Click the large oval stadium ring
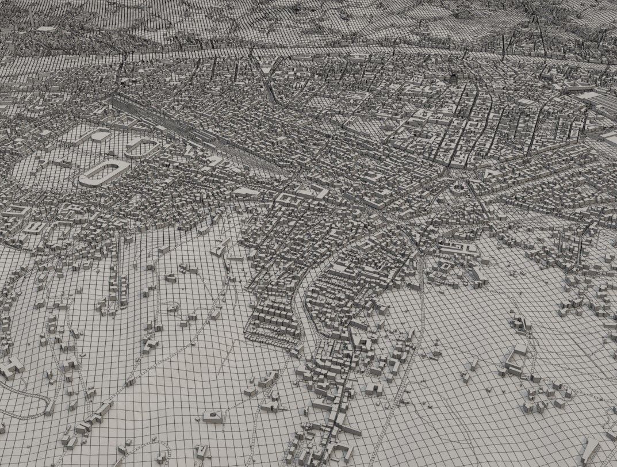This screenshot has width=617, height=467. (x=104, y=172)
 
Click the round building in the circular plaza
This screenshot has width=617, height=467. (x=458, y=186)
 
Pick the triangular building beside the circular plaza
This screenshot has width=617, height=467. (x=488, y=173)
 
